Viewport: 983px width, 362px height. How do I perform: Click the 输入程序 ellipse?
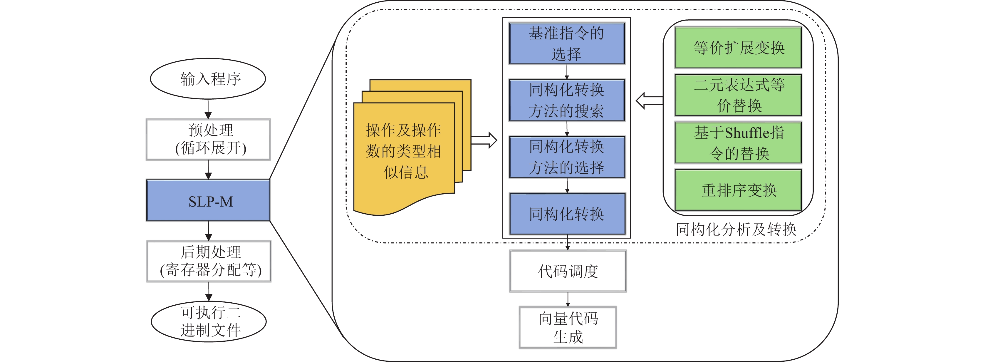tap(208, 79)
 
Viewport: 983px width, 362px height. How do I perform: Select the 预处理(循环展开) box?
tap(208, 139)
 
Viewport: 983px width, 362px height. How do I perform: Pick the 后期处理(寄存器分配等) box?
tap(209, 261)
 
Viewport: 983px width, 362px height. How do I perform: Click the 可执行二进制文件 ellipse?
tap(209, 321)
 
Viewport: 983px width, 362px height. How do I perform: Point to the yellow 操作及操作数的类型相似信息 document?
tap(404, 153)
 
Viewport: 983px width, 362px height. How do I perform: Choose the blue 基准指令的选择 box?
tap(567, 43)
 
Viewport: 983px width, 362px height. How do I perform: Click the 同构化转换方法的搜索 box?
tap(567, 100)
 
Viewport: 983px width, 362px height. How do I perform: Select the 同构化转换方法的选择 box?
tap(567, 157)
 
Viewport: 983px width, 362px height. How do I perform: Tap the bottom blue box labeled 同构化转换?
tap(567, 214)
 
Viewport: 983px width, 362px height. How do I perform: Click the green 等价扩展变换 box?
tap(738, 48)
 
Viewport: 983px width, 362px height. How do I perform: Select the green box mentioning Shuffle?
tap(738, 143)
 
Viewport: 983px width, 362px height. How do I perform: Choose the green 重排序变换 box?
tap(738, 190)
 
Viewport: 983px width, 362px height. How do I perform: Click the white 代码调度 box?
tap(568, 271)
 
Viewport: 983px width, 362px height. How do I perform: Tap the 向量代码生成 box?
tap(568, 327)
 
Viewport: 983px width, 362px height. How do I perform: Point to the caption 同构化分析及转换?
tap(736, 229)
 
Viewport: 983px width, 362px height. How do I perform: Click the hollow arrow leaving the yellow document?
tap(484, 140)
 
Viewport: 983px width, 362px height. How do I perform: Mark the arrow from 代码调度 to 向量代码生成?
tap(568, 299)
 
